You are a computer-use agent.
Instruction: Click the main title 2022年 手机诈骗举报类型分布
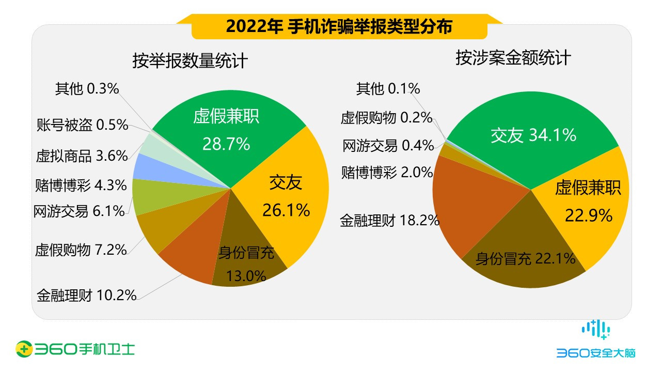pyautogui.click(x=339, y=26)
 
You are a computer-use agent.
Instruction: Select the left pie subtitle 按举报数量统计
pyautogui.click(x=190, y=61)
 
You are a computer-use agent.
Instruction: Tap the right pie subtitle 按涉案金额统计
pyautogui.click(x=513, y=58)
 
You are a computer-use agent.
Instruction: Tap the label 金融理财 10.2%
pyautogui.click(x=86, y=296)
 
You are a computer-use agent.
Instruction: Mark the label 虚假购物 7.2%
pyautogui.click(x=81, y=251)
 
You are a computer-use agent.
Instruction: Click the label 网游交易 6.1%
pyautogui.click(x=78, y=211)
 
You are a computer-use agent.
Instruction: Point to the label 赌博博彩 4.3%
pyautogui.click(x=81, y=184)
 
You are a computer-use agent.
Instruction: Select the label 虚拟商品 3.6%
pyautogui.click(x=82, y=156)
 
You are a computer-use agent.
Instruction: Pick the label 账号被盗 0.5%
pyautogui.click(x=82, y=125)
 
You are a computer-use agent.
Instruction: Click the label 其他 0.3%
pyautogui.click(x=87, y=89)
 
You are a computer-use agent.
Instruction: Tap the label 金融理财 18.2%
pyautogui.click(x=389, y=221)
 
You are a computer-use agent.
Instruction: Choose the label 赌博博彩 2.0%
pyautogui.click(x=387, y=172)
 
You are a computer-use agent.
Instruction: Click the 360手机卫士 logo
pyautogui.click(x=75, y=349)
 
